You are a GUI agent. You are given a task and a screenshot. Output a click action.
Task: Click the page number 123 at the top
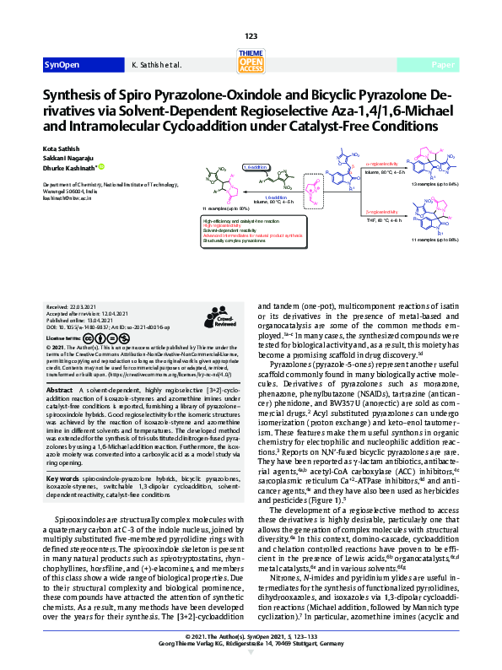251,35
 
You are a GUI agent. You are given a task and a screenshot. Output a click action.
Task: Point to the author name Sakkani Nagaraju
68,158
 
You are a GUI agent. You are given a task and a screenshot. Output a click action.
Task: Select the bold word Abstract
59,392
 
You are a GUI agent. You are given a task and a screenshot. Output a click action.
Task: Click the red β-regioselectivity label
381,211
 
